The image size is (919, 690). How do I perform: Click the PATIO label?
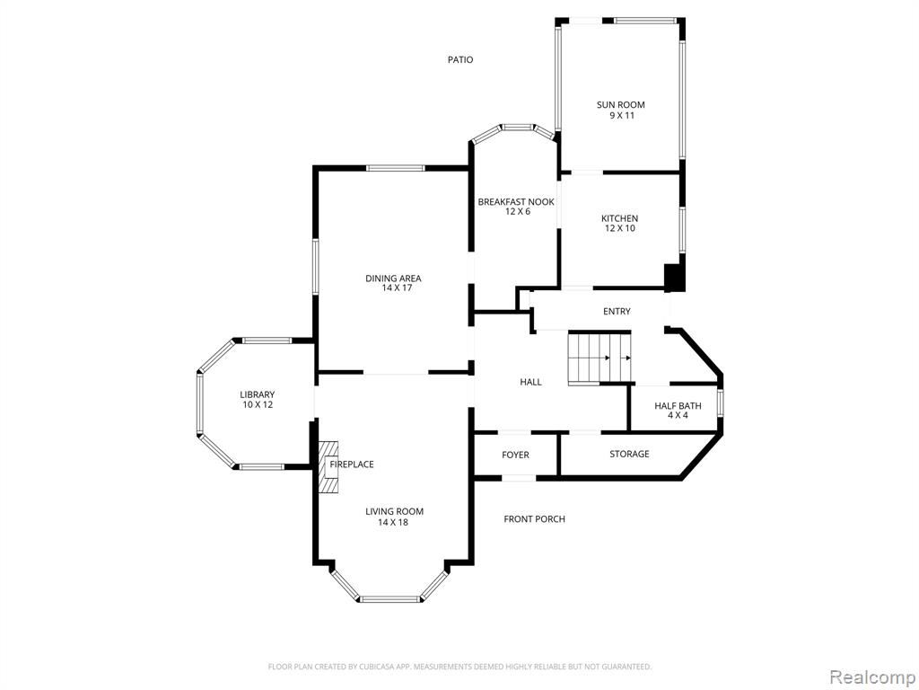(x=460, y=60)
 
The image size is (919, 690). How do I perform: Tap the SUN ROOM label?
(x=621, y=105)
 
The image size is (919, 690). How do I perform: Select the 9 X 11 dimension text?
(x=622, y=116)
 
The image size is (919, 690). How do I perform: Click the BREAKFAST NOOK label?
(x=516, y=202)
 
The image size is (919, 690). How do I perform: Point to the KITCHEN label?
(x=619, y=218)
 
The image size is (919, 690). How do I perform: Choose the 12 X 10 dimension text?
(x=620, y=228)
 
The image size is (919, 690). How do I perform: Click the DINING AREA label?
(x=393, y=279)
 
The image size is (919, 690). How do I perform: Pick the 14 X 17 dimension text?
(x=393, y=288)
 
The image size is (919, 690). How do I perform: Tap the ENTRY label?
(x=617, y=312)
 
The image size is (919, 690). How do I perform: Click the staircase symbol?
(x=600, y=358)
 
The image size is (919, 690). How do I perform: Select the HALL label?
(x=530, y=382)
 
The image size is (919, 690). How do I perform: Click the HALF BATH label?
(x=678, y=405)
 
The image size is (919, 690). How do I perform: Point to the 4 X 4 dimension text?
(x=678, y=415)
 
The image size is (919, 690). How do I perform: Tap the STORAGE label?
(x=629, y=454)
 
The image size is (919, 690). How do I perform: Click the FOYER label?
(x=515, y=455)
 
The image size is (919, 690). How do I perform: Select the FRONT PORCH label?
(x=535, y=518)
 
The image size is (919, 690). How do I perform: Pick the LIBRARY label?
(x=258, y=395)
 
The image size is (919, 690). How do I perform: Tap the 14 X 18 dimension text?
(x=393, y=522)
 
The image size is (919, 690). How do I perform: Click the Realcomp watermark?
(x=871, y=677)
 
